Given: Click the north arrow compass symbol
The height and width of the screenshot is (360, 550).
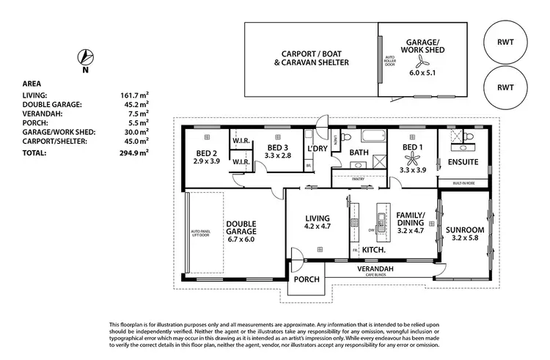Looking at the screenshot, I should [x=86, y=57].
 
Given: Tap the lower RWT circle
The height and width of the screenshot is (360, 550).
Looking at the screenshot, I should [x=505, y=87].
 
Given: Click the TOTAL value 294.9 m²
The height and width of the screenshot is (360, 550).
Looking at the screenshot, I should [x=134, y=153].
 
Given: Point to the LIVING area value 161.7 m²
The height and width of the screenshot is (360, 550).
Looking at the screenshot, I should [x=134, y=95].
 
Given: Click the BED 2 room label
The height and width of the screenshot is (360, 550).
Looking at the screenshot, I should [x=207, y=153].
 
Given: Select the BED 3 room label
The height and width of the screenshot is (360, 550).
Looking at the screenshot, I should [x=278, y=147].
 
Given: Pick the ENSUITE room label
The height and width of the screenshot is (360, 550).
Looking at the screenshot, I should [x=462, y=161].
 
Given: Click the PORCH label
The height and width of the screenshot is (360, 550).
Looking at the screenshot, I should [x=307, y=280].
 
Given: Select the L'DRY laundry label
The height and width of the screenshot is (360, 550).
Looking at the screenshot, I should [x=317, y=149].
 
